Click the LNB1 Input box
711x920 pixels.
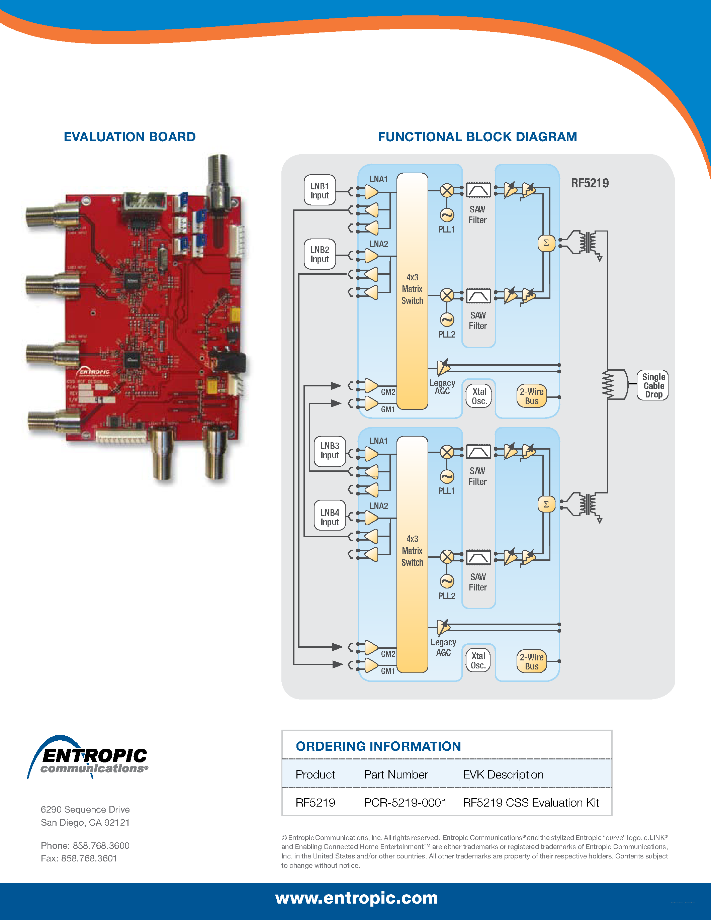tap(320, 190)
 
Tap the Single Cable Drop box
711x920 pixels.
tap(653, 385)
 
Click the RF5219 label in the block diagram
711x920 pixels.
tap(590, 183)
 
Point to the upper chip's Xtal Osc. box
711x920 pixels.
tap(479, 396)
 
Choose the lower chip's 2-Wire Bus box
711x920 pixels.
tap(532, 661)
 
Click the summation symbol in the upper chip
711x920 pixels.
tap(546, 243)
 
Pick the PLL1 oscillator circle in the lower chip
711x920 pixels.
tap(447, 477)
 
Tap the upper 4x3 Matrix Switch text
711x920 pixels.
tap(412, 289)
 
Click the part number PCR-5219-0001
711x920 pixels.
tap(405, 803)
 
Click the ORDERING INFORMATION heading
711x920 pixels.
tap(378, 746)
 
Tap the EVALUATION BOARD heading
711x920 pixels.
tap(130, 137)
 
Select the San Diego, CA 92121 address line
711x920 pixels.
tap(85, 822)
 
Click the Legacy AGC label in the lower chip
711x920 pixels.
tap(443, 647)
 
